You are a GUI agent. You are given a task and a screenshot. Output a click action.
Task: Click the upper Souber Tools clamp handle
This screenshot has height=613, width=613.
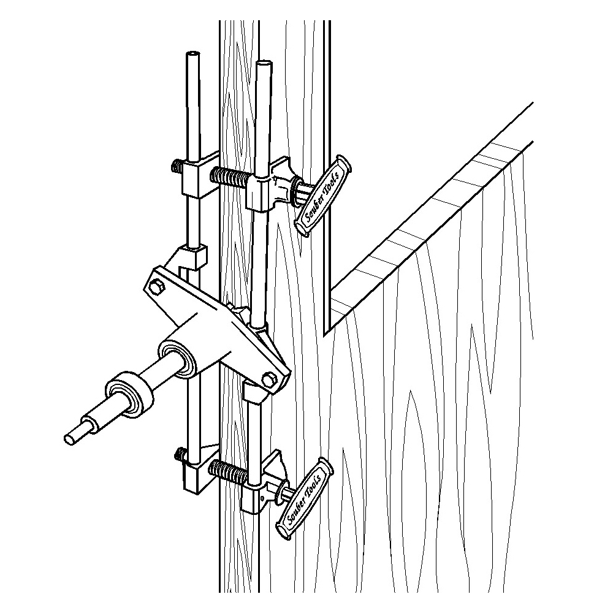(322, 196)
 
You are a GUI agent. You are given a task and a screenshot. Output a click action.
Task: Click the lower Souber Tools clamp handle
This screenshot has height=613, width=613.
(305, 499)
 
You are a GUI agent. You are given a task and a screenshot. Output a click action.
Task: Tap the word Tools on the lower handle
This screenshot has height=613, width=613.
(313, 484)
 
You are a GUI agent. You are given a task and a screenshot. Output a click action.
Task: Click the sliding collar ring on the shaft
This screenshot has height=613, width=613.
(129, 392)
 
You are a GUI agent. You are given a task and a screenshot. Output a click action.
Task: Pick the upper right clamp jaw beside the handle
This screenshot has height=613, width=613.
(270, 184)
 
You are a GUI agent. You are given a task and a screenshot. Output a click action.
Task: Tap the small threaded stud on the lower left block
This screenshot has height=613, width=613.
(179, 454)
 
